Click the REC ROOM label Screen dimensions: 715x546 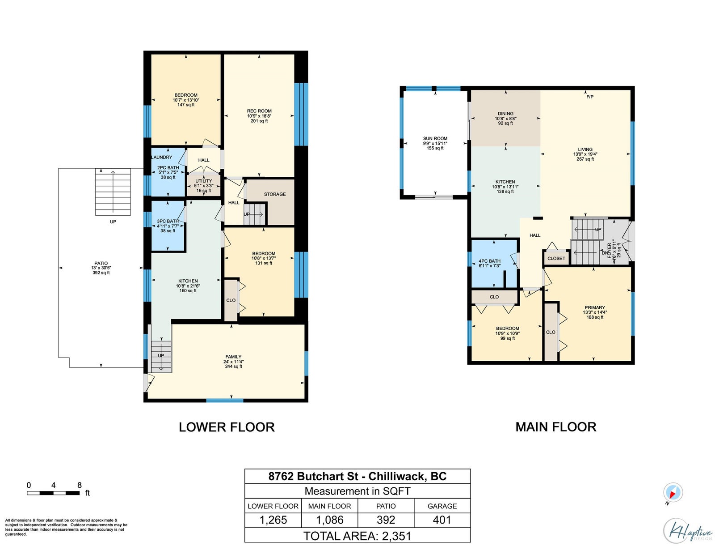(259, 111)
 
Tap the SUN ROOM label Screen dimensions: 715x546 (435, 138)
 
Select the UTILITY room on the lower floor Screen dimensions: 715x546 (204, 186)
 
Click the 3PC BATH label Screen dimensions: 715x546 (168, 221)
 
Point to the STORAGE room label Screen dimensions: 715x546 (274, 194)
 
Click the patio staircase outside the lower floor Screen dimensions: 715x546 (113, 192)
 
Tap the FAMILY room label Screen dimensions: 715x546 (233, 357)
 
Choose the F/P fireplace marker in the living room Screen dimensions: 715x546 (589, 97)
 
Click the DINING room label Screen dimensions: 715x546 (505, 114)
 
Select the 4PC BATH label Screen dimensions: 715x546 (489, 261)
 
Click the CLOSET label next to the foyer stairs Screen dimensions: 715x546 (556, 258)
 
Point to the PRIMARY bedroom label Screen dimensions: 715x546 (594, 307)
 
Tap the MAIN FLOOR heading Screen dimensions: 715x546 (556, 427)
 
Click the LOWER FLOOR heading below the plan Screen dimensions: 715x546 (227, 427)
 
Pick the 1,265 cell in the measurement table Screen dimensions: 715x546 (273, 520)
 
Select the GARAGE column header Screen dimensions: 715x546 (442, 506)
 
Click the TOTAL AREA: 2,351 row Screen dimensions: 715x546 (357, 536)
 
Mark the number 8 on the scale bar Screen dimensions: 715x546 (80, 485)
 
